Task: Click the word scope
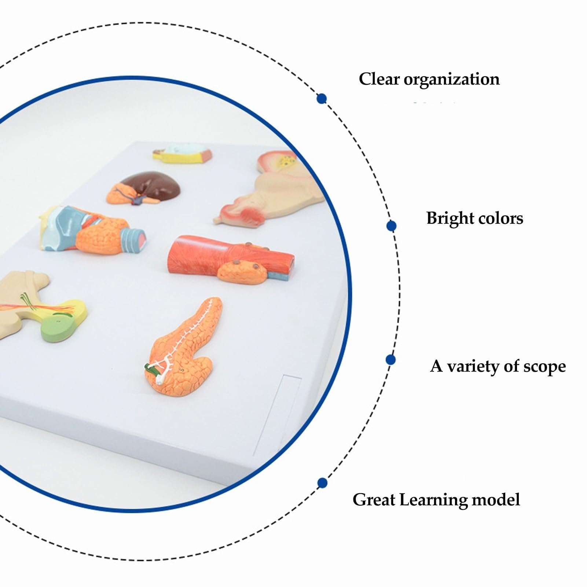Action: (x=544, y=367)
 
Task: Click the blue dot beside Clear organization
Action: (x=322, y=98)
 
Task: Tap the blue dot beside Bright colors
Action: (x=391, y=226)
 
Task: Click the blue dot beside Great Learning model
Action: (x=322, y=483)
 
